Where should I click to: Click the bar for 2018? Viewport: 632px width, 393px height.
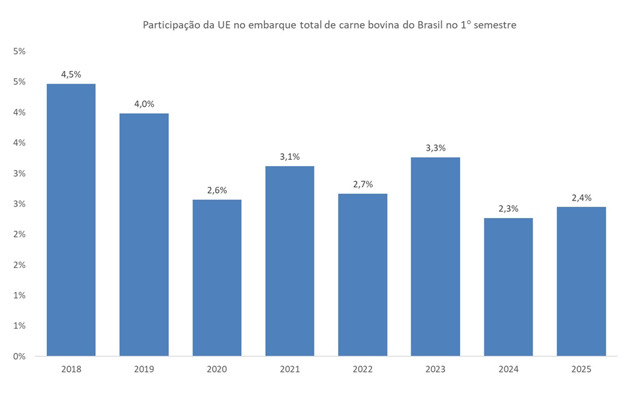[71, 220]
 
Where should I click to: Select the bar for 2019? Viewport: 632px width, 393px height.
[144, 234]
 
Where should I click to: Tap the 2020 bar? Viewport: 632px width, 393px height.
[217, 278]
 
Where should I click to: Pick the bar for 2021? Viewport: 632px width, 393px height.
[289, 261]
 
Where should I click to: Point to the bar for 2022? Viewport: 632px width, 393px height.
[363, 275]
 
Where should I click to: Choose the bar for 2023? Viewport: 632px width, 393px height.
[435, 257]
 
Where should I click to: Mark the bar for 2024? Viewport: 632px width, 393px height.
[508, 287]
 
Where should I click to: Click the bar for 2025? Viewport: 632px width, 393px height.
[581, 281]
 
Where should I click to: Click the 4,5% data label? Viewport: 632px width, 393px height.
[71, 74]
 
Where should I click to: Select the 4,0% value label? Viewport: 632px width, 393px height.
[144, 104]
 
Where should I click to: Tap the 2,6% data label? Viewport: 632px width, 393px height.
[217, 190]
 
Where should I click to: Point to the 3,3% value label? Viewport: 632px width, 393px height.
[435, 148]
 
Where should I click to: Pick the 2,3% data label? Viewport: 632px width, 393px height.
[508, 209]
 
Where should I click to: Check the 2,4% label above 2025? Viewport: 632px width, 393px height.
[581, 197]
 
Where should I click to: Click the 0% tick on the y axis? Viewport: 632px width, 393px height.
[19, 356]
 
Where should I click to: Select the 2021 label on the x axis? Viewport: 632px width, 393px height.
[289, 369]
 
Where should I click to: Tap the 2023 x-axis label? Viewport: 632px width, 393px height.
[435, 369]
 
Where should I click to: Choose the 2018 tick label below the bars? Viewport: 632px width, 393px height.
[71, 369]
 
